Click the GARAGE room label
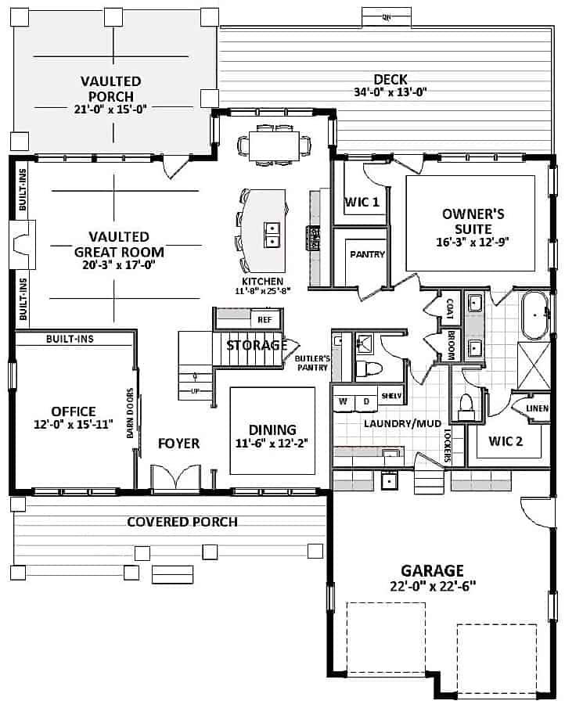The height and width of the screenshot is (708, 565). point(432,570)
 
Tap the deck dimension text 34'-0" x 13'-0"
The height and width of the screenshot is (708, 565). point(389,92)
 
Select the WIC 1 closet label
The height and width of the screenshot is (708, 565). point(362,203)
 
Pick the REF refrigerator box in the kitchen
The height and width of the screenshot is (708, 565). point(264,319)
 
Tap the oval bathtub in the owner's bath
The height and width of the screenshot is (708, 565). point(537,316)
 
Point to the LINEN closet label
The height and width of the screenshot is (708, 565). point(537,408)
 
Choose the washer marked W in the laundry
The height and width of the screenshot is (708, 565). point(343,401)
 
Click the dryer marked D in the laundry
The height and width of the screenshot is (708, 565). point(365,401)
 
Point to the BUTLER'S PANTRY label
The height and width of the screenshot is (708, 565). point(311,362)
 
